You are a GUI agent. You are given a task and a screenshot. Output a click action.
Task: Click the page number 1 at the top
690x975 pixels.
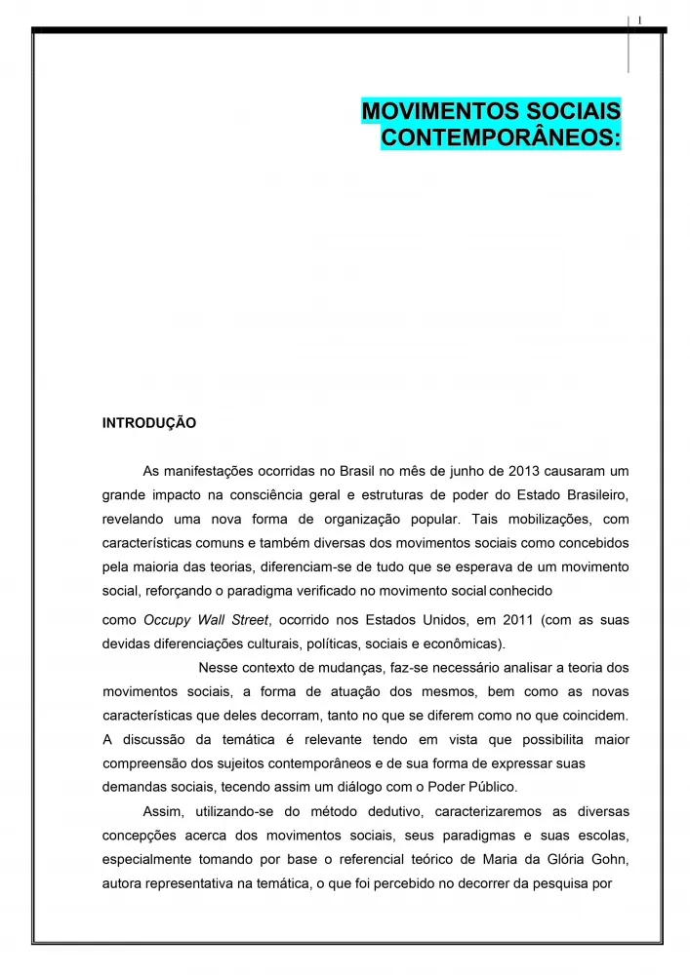[638, 19]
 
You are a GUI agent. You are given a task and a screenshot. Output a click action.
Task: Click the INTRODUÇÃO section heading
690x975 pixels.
[149, 424]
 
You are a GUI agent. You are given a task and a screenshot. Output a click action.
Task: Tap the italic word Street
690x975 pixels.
[249, 620]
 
